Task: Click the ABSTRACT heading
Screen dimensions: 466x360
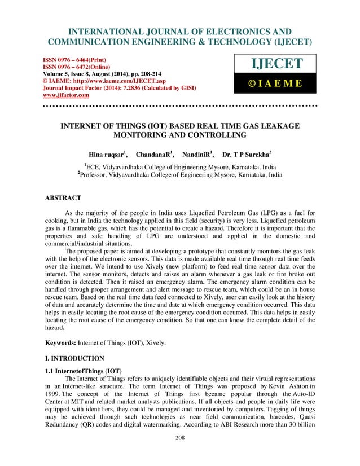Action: pos(63,198)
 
